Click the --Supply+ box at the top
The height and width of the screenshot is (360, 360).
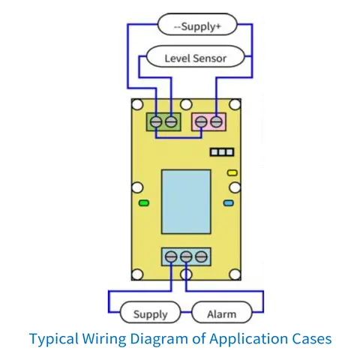coord(197,25)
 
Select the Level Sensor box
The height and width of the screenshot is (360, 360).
coord(195,56)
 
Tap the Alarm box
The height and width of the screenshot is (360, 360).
coord(222,312)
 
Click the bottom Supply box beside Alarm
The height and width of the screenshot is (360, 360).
coord(150,312)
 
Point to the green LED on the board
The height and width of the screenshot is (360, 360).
coord(144,202)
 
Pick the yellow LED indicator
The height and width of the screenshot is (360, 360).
coord(232,172)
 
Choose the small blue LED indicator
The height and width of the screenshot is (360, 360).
coord(229,202)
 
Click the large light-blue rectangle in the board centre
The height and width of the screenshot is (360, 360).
coord(186,202)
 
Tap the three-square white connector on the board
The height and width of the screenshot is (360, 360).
coord(222,152)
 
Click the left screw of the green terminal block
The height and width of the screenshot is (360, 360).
coord(156,121)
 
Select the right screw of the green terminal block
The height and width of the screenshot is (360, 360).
coord(171,121)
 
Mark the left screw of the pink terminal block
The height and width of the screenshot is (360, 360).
coord(201,121)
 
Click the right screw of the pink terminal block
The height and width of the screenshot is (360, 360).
coord(217,121)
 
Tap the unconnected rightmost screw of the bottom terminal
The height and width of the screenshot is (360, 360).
coord(201,256)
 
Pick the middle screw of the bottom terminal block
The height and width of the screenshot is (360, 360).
coord(186,256)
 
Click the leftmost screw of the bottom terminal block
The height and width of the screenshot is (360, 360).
coord(171,256)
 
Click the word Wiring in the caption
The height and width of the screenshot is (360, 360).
coord(104,340)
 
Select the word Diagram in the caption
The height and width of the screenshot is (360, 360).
coord(159,340)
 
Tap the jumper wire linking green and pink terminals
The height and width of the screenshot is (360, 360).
coord(178,137)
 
